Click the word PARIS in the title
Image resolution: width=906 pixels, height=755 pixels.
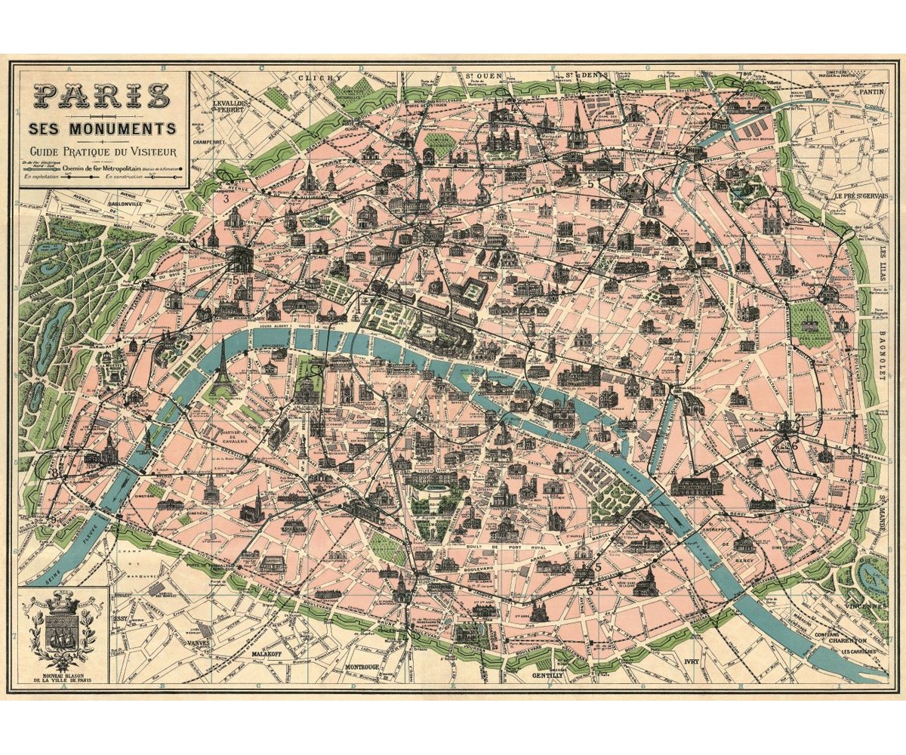click(102, 96)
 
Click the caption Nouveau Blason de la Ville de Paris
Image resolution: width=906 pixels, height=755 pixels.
click(63, 677)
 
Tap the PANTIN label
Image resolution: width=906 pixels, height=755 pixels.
click(872, 91)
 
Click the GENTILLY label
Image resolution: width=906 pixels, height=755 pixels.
click(547, 675)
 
